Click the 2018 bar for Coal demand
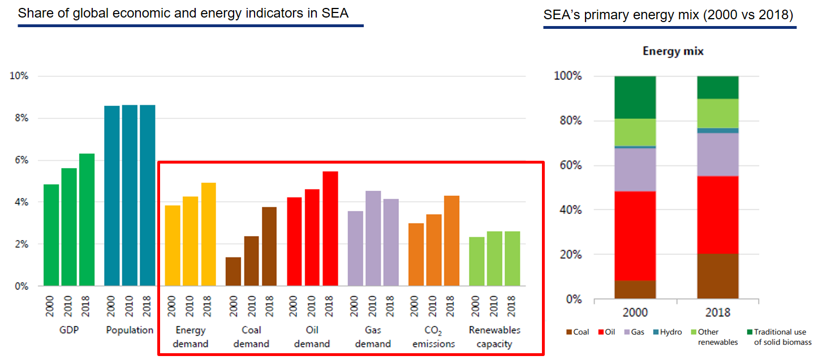click(269, 247)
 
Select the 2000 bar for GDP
click(51, 235)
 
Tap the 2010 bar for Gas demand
click(373, 238)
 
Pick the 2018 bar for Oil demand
click(330, 229)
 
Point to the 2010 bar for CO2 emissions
click(433, 250)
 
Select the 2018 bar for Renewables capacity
click(512, 259)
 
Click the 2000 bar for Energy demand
click(172, 246)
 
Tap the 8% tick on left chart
click(19, 118)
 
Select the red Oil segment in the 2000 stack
click(635, 236)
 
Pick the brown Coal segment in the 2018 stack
click(717, 276)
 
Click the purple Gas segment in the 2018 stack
click(717, 155)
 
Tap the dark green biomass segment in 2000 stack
click(635, 97)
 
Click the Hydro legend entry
click(670, 332)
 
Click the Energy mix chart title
click(673, 52)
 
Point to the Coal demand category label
click(251, 337)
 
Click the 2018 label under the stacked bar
click(717, 312)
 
